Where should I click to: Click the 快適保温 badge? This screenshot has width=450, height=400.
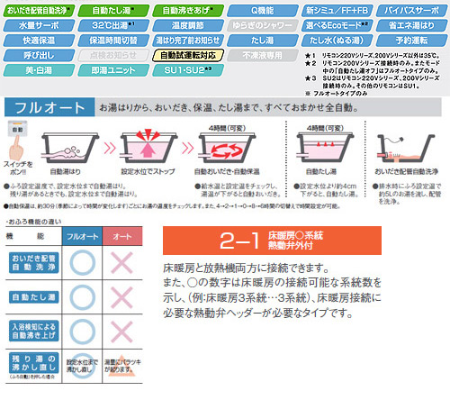pyautogui.click(x=34, y=40)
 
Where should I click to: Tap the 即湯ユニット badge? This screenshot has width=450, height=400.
pyautogui.click(x=109, y=68)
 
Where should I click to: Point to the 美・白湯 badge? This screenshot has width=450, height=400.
pyautogui.click(x=34, y=68)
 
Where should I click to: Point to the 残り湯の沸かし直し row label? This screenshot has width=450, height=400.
pyautogui.click(x=31, y=368)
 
